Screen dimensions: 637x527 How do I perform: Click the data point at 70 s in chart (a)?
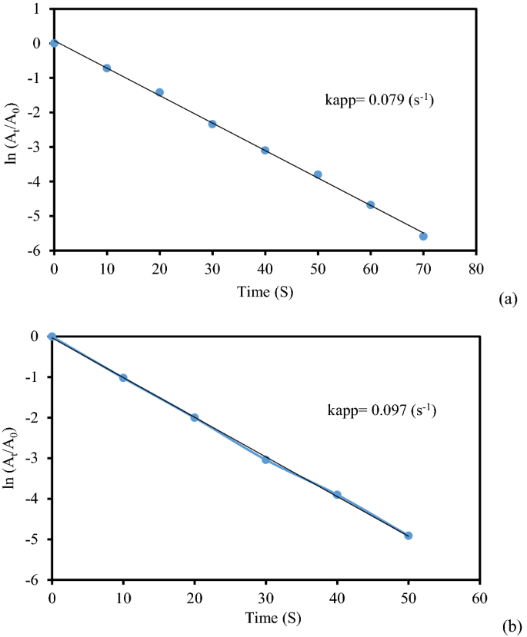(423, 236)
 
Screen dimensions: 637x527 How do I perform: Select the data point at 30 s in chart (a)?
(212, 123)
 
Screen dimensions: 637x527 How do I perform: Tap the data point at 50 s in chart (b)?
(409, 536)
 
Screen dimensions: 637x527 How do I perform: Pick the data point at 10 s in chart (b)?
(123, 377)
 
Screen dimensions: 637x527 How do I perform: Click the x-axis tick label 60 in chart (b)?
(480, 596)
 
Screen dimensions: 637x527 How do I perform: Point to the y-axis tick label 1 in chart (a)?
(37, 8)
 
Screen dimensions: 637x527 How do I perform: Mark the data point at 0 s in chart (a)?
(54, 43)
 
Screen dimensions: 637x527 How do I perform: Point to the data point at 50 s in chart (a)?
(318, 174)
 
